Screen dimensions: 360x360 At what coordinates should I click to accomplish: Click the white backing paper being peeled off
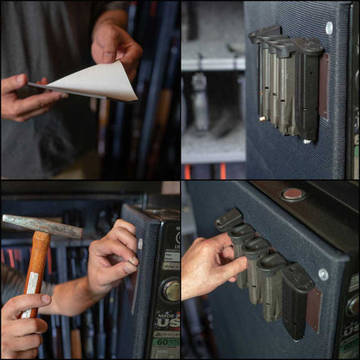95,81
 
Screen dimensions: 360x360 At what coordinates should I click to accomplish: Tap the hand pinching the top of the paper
117,43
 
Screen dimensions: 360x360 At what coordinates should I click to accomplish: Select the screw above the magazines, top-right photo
329,28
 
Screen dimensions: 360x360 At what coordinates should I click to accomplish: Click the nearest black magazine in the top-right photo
307,87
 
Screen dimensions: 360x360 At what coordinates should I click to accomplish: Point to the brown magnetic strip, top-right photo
323,87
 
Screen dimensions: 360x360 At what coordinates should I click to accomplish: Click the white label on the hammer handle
32,283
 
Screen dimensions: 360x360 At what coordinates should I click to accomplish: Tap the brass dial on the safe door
172,290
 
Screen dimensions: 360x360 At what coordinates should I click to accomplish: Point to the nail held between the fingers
132,260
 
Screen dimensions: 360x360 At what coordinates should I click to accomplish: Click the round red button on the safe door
293,195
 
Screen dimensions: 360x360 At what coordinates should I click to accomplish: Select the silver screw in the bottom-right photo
323,273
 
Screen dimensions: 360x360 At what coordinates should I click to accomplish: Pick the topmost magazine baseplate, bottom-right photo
228,218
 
